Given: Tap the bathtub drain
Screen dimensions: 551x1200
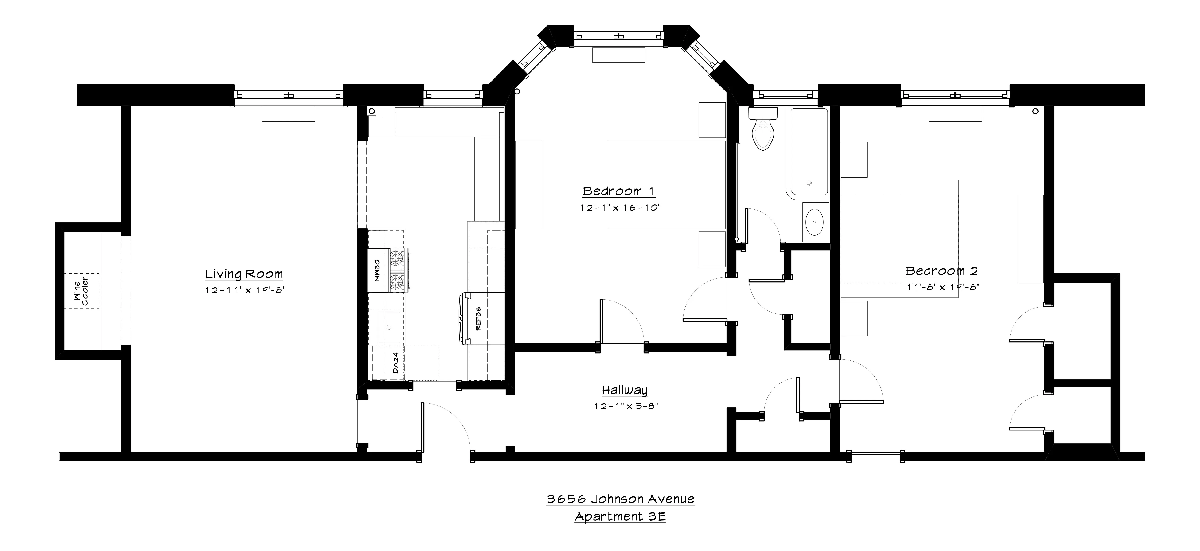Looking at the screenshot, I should (809, 183).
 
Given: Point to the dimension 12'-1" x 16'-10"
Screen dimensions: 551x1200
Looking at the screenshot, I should (620, 208).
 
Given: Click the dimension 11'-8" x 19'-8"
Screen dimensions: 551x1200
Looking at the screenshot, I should (942, 287).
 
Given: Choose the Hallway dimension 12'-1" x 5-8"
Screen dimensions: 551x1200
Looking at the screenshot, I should (625, 406).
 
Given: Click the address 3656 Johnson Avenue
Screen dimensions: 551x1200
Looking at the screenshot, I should (620, 499).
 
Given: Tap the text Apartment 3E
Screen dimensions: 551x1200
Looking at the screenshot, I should (620, 516).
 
